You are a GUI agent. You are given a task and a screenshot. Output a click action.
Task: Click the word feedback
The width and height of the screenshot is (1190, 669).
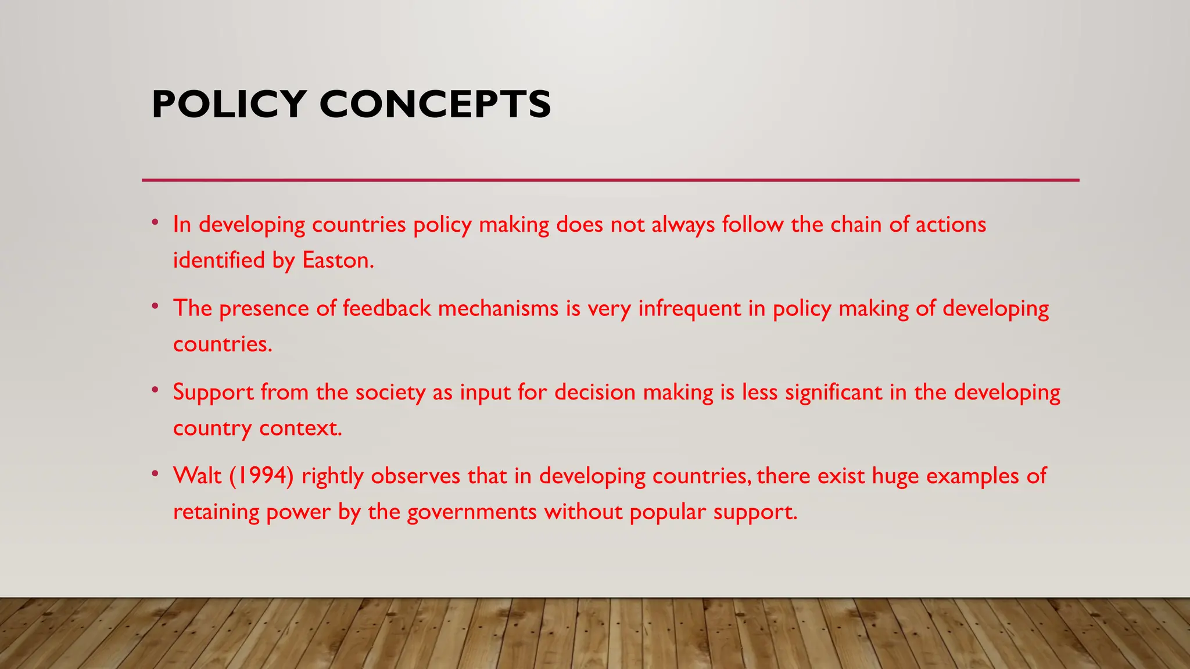pyautogui.click(x=386, y=308)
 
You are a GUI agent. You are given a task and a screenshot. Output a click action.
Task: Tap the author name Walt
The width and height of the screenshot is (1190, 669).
pyautogui.click(x=198, y=476)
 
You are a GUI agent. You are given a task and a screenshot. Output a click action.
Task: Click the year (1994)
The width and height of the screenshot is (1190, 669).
pyautogui.click(x=261, y=476)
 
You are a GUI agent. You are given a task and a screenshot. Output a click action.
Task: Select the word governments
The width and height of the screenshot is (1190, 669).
pyautogui.click(x=472, y=512)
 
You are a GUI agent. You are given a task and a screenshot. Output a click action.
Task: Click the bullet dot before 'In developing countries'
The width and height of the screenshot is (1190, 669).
pyautogui.click(x=155, y=222)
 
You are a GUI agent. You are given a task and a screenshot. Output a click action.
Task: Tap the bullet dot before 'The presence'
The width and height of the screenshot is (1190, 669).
pyautogui.click(x=155, y=305)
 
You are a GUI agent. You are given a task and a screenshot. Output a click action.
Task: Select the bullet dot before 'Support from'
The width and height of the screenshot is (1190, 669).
pyautogui.click(x=155, y=390)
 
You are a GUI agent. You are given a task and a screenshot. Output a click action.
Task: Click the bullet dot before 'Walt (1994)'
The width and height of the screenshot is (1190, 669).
pyautogui.click(x=155, y=473)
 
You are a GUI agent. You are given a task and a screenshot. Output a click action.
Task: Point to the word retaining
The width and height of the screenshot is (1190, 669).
pyautogui.click(x=216, y=512)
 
